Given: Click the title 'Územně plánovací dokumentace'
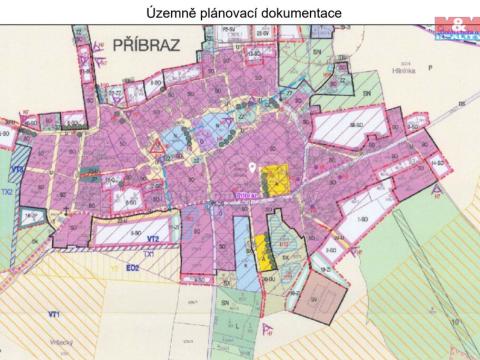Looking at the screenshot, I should point(239,13).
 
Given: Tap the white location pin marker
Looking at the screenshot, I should point(252,168).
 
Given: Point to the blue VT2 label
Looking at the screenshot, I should point(153,239).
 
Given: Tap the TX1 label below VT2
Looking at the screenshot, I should point(147,254).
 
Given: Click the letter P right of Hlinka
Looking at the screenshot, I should point(427,71).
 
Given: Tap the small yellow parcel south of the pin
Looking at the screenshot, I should point(262,250).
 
